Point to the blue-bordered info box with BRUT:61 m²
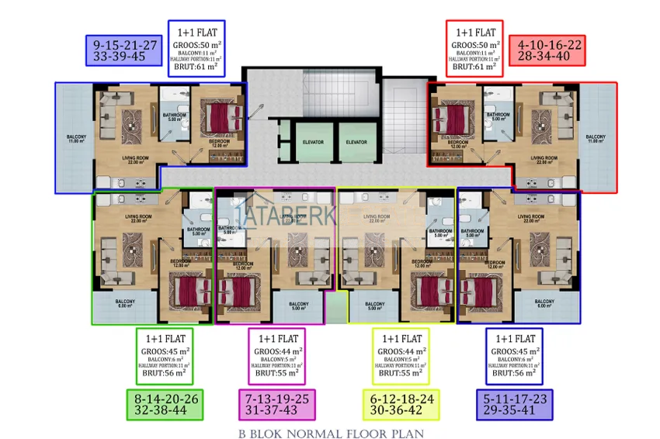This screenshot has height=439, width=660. click(196, 49)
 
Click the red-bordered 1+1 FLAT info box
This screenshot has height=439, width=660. click(474, 49)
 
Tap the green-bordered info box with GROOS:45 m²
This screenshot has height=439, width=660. click(164, 356)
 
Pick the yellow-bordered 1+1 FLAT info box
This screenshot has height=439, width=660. click(401, 356)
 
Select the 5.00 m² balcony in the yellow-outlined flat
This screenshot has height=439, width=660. click(374, 306)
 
